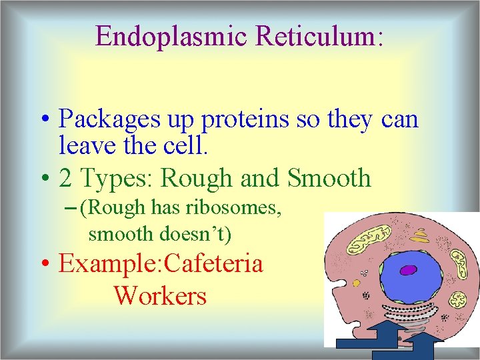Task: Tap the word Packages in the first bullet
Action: pyautogui.click(x=108, y=120)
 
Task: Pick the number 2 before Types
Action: pyautogui.click(x=65, y=178)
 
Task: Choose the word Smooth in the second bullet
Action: pyautogui.click(x=329, y=178)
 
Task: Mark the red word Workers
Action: pyautogui.click(x=160, y=295)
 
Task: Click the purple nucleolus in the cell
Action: pyautogui.click(x=407, y=271)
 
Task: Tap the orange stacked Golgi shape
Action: pyautogui.click(x=420, y=235)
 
